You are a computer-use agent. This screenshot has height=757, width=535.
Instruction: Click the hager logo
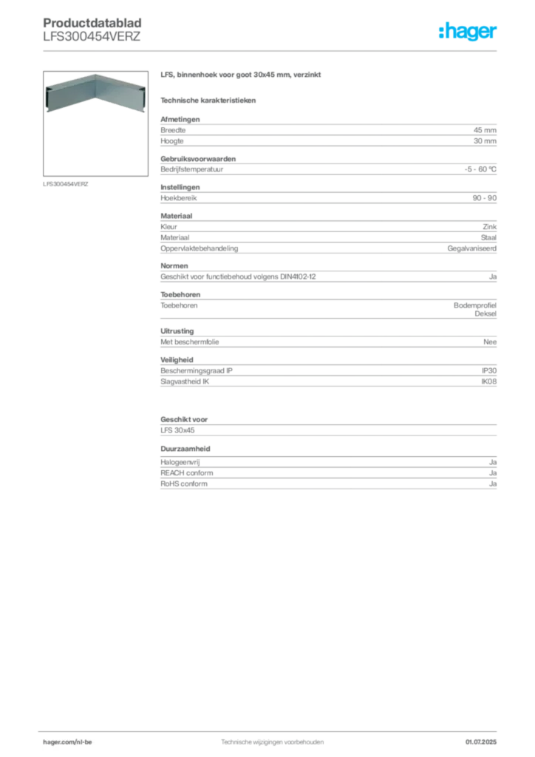468,31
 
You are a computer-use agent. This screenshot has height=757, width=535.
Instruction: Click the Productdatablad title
92,23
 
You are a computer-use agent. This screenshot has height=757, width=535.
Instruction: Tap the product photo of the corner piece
95,93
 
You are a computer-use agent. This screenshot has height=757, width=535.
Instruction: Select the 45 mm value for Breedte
485,130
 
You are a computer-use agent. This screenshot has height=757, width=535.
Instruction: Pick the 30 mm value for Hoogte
485,141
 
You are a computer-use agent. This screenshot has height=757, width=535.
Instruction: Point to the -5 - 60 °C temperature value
480,169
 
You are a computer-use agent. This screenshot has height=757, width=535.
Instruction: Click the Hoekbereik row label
179,198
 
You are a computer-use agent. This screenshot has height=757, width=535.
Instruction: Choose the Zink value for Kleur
490,226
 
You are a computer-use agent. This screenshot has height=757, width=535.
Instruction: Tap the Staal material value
488,237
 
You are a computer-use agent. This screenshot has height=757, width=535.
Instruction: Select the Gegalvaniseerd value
471,248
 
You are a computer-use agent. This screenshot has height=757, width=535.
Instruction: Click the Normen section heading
174,265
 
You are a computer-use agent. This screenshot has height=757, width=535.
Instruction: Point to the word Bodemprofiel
475,305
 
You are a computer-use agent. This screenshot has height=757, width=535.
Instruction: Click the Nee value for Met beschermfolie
490,342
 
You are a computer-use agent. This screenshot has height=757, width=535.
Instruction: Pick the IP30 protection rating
489,371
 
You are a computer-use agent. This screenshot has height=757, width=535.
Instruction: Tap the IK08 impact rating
488,381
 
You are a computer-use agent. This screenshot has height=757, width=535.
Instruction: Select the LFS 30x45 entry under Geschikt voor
177,430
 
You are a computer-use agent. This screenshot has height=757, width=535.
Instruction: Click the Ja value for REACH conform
493,473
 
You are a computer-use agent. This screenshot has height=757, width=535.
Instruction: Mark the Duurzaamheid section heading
185,449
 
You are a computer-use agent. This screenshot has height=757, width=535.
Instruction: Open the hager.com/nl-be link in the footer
67,742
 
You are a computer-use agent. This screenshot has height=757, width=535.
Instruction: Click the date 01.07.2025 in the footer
481,742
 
